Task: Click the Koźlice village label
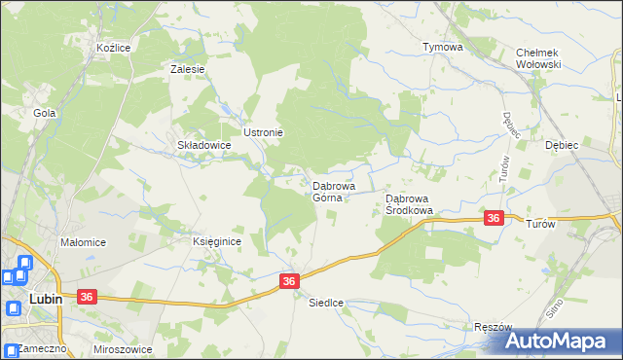tap(114, 47)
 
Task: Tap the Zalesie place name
tap(187, 69)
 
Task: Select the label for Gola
tap(44, 113)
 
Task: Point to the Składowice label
tap(202, 145)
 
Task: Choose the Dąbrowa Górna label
tap(333, 191)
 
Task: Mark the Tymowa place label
tap(442, 47)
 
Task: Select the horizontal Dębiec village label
tap(562, 145)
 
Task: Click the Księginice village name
tap(216, 241)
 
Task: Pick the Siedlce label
tap(326, 303)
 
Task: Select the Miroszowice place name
tap(126, 347)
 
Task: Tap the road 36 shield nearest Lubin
tap(87, 296)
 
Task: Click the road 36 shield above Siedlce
tap(289, 280)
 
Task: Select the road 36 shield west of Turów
tap(494, 219)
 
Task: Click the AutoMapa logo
tap(560, 340)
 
